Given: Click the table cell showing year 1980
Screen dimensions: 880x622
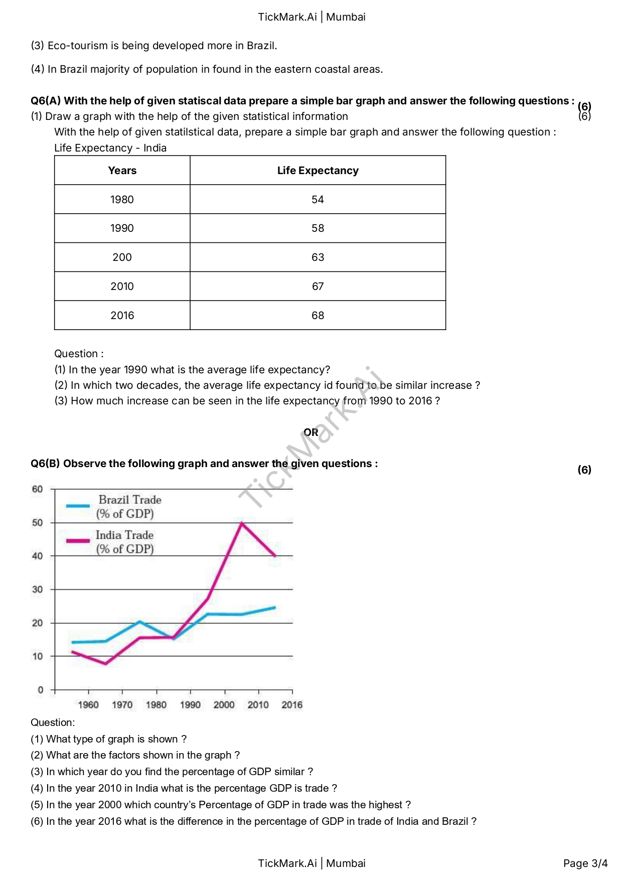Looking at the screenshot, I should point(122,200).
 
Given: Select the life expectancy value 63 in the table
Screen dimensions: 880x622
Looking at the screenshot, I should point(318,257).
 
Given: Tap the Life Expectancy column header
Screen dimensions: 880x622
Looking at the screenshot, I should point(318,171).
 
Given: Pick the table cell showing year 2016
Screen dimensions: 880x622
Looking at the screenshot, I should point(122,316).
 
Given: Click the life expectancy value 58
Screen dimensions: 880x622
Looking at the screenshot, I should point(318,228).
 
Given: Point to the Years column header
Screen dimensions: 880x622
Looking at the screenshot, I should point(122,171).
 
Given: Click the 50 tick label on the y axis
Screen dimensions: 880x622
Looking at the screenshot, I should point(38,523).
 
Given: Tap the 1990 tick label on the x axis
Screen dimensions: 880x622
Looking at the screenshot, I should point(190,705).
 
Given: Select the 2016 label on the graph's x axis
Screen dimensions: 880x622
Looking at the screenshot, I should point(291,705).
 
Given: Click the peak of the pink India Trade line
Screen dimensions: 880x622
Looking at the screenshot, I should point(242,523).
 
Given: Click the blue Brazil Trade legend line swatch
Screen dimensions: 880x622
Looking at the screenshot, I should point(78,506).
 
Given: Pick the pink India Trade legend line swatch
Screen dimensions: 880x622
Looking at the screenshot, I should point(78,540).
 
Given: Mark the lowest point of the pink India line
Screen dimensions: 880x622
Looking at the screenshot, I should point(105,664).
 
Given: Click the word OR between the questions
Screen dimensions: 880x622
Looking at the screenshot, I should point(310,432).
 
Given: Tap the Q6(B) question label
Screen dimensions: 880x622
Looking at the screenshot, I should point(45,464).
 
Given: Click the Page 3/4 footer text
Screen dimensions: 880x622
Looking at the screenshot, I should point(585,863).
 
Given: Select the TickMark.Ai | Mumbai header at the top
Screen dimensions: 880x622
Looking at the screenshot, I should point(312,17).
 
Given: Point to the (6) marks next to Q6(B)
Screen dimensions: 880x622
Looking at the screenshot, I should point(584,470).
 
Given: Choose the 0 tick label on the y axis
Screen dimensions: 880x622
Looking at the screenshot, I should point(41,690).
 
